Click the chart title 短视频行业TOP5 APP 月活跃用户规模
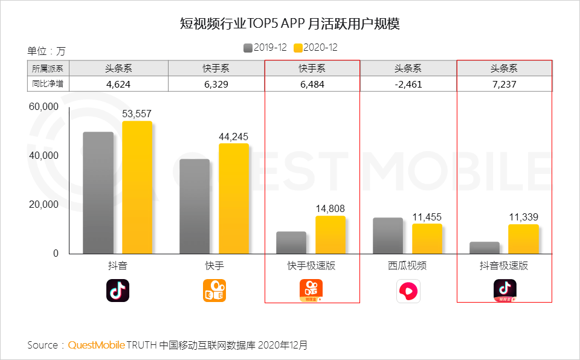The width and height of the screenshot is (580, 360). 290,24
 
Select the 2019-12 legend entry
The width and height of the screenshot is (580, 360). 264,48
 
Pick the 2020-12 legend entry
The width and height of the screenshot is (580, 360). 315,48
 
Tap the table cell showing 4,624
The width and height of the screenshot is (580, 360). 118,85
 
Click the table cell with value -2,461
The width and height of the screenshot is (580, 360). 408,85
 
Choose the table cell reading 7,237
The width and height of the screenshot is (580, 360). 504,85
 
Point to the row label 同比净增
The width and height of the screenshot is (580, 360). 48,85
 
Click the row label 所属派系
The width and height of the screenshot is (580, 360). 48,68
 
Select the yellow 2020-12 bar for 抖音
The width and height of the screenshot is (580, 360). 137,187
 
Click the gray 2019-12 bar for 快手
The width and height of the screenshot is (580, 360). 195,207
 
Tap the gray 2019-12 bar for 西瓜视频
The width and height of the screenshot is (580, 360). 388,236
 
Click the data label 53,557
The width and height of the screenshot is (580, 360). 137,114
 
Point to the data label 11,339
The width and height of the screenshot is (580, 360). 523,217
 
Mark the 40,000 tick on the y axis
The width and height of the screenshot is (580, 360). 43,156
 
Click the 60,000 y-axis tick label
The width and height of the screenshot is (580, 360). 43,107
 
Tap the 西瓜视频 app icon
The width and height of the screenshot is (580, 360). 408,291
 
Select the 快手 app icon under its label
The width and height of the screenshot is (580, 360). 214,291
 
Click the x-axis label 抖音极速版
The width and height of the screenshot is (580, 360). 504,266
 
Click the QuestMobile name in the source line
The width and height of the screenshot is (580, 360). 97,345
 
